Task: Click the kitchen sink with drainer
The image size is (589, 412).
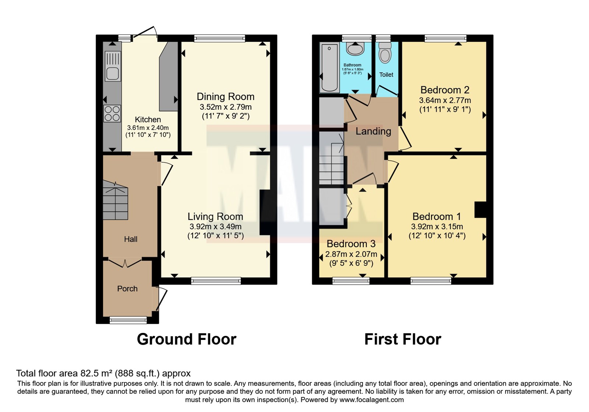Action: click(113, 66)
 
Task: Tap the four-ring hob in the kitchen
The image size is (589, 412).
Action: click(112, 114)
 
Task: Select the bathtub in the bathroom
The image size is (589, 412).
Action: click(329, 68)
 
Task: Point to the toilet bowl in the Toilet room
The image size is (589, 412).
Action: click(385, 53)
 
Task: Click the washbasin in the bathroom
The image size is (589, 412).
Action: click(355, 49)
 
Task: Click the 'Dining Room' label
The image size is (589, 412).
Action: click(226, 97)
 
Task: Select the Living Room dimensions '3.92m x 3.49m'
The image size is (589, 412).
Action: click(215, 227)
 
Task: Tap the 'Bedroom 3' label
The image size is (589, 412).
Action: click(351, 244)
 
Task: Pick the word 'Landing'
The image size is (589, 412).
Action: click(373, 131)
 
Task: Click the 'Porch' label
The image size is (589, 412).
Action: click(127, 288)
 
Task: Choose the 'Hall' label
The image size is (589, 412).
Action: click(131, 239)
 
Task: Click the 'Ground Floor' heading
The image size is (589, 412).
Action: click(187, 339)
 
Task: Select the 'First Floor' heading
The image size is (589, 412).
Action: click(403, 339)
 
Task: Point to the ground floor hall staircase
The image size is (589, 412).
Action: click(115, 200)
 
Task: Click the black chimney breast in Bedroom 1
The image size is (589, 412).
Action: click(480, 210)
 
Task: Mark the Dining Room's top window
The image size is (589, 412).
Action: click(219, 39)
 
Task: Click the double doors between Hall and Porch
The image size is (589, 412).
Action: click(125, 263)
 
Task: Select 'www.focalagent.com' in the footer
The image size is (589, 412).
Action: click(371, 400)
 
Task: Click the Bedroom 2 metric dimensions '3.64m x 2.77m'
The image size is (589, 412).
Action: click(445, 100)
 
